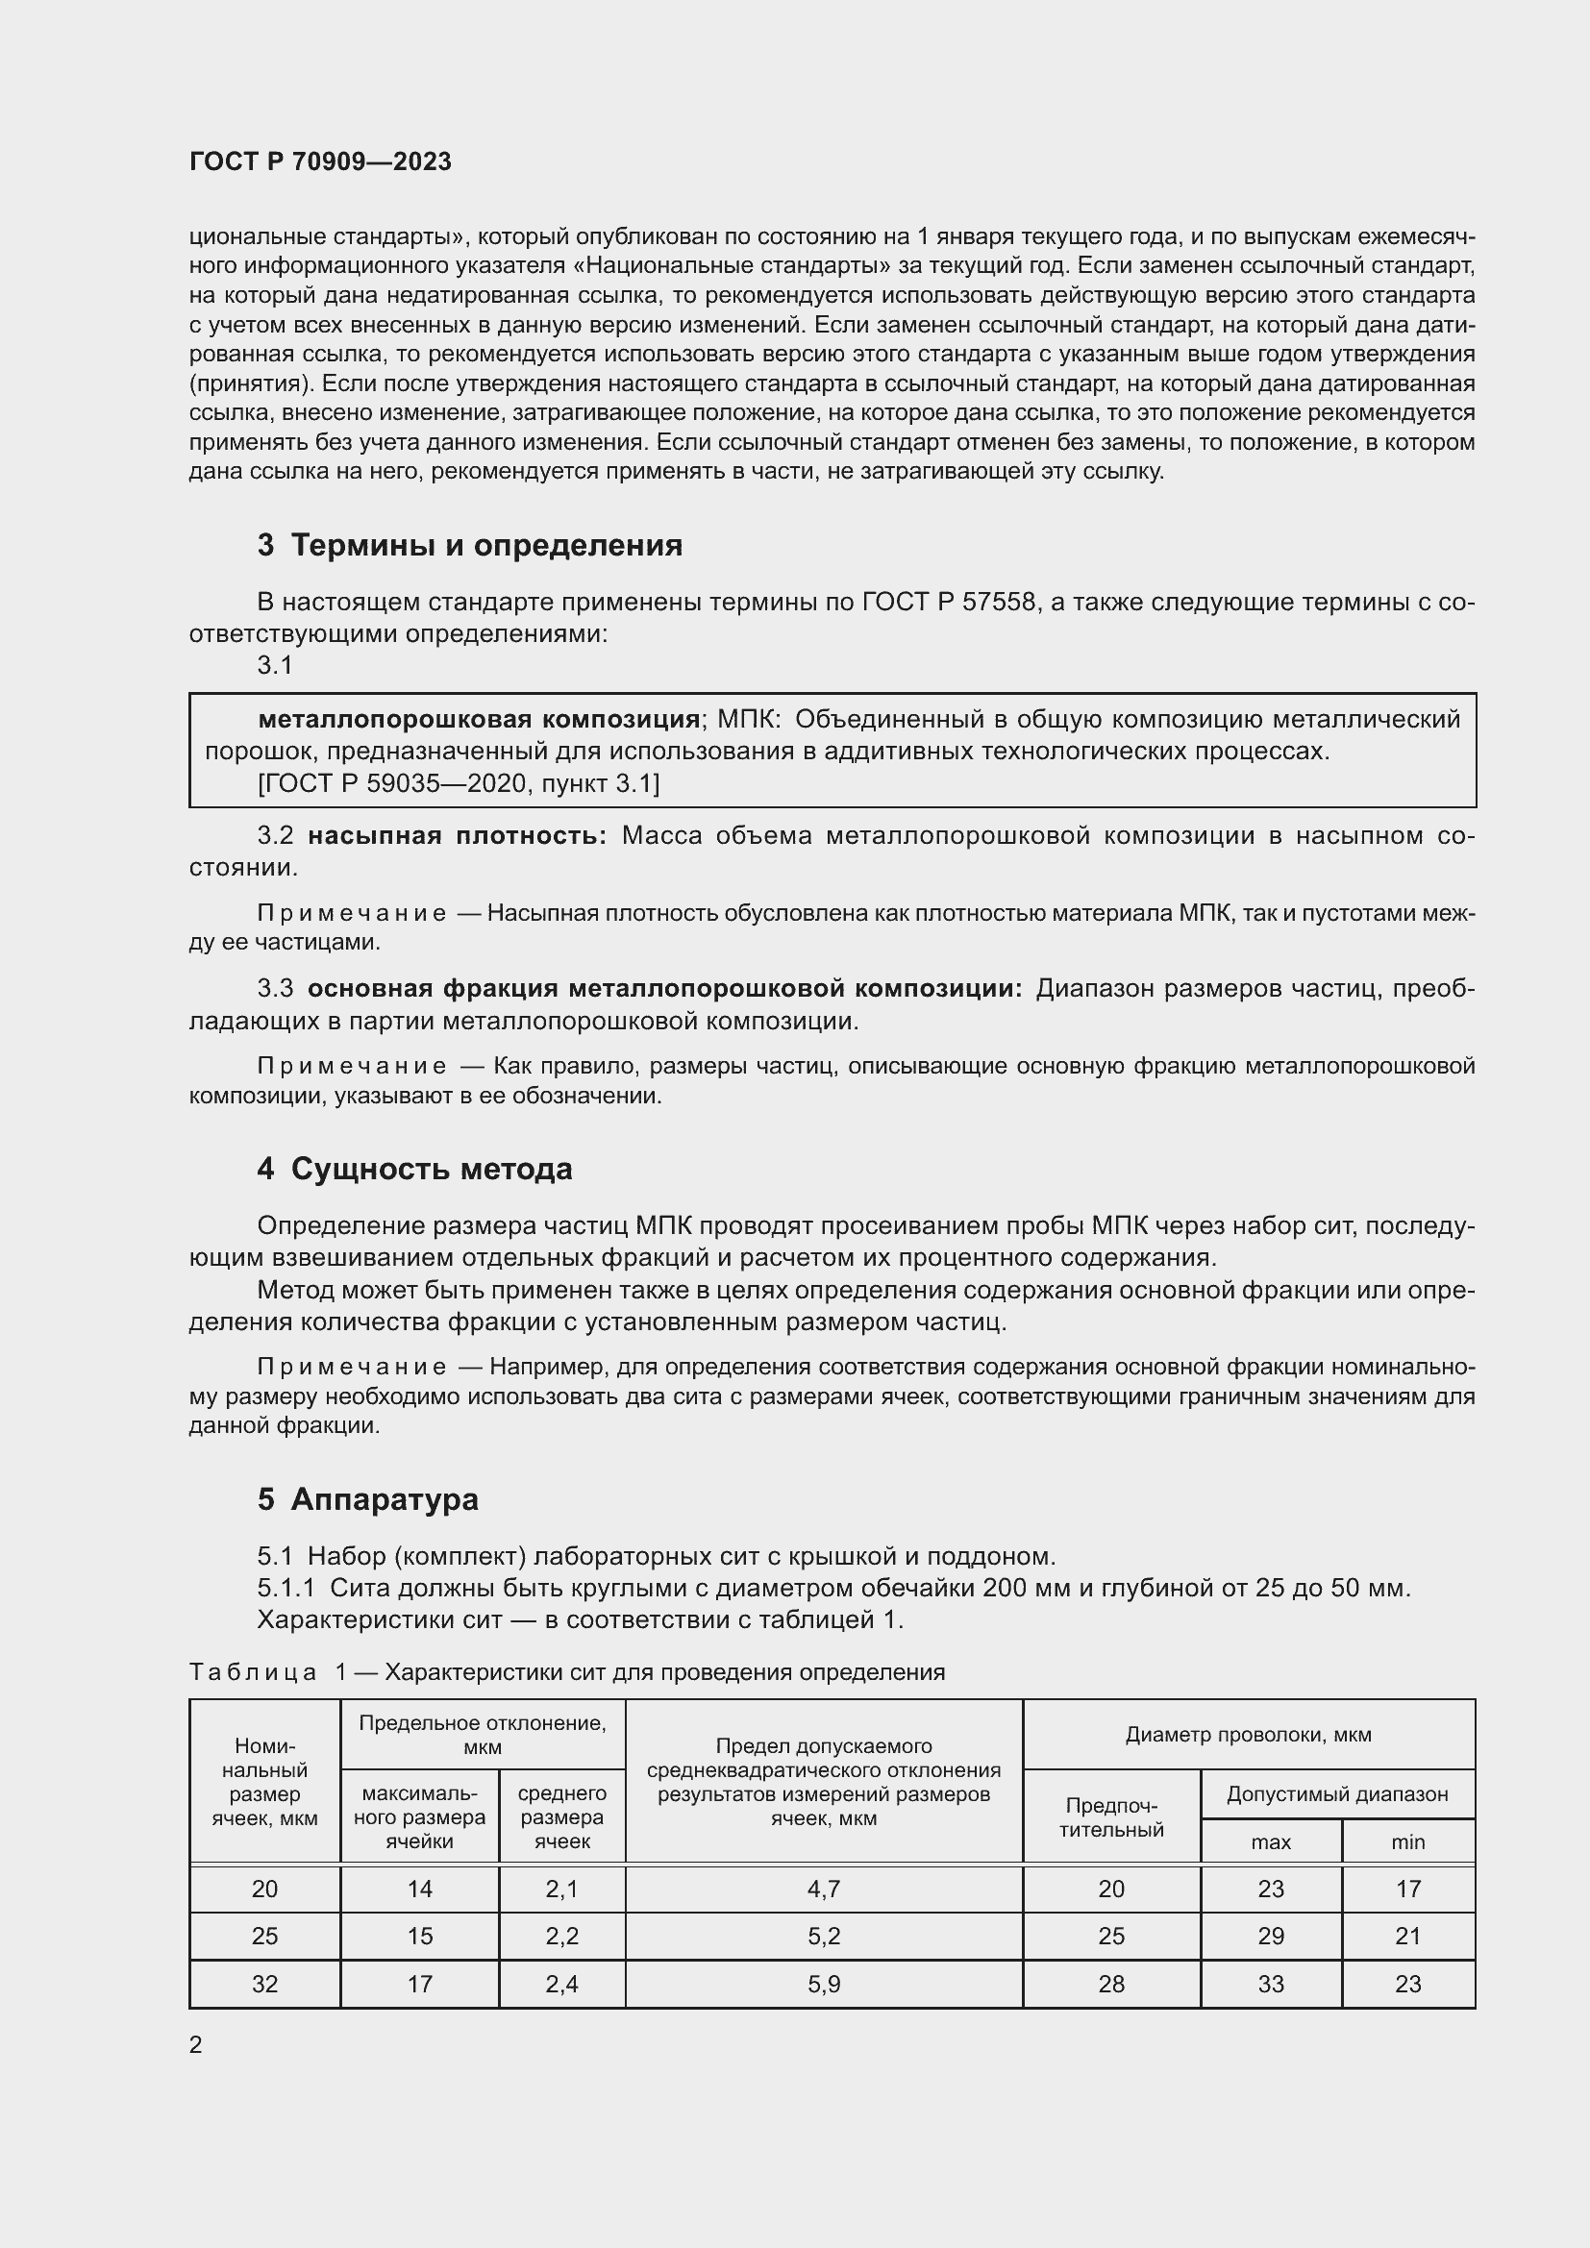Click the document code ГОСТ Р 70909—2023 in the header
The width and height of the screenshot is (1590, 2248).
point(320,161)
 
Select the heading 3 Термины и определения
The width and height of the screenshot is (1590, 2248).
point(469,544)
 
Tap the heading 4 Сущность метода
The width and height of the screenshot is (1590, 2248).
point(414,1168)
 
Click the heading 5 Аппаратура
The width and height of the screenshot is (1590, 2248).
point(367,1498)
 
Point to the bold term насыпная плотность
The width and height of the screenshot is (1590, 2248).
point(457,835)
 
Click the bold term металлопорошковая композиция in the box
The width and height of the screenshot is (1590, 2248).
point(478,720)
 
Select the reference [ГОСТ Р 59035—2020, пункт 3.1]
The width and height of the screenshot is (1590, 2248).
point(459,783)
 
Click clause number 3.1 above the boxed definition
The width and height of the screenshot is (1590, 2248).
point(275,665)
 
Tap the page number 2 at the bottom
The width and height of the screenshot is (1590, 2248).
point(196,2044)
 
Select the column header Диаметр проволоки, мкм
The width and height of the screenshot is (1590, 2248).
point(1248,1735)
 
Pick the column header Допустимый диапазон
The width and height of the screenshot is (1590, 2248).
point(1336,1794)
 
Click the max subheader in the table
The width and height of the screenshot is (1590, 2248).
point(1270,1841)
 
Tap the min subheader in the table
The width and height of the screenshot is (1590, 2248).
point(1407,1841)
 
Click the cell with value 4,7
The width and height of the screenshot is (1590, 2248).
point(824,1889)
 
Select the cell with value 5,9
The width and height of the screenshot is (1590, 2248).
point(824,1984)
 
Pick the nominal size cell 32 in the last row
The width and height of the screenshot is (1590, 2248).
point(264,1984)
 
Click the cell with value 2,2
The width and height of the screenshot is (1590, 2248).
point(561,1936)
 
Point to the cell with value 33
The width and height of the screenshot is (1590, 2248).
point(1270,1984)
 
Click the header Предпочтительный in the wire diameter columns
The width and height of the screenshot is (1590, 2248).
point(1110,1817)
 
